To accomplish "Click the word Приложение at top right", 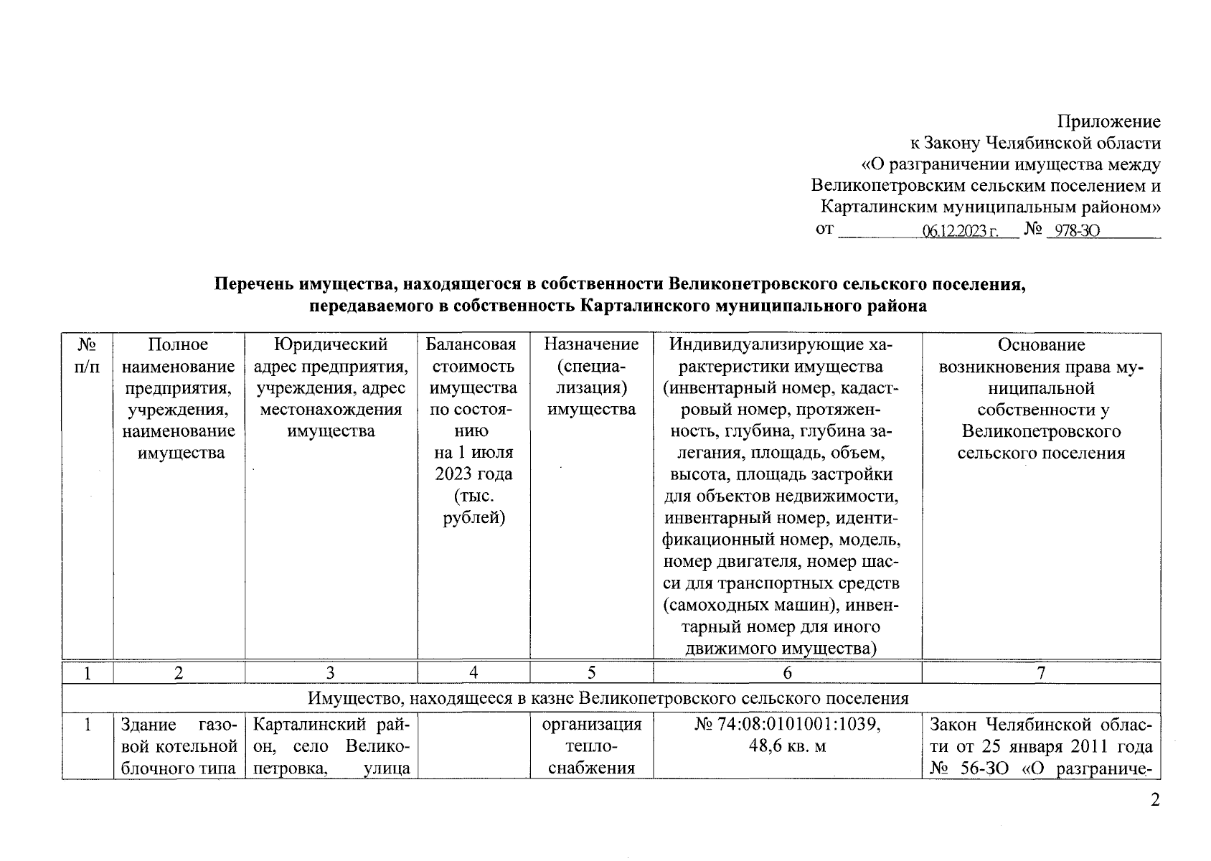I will (1109, 121).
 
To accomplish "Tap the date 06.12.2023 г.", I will (961, 231).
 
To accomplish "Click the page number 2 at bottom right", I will (1154, 801).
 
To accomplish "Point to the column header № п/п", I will (87, 356).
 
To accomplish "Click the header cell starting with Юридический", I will (331, 388).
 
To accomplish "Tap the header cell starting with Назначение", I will (591, 377).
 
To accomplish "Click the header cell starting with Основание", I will (1041, 399).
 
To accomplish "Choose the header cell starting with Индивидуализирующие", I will (787, 496).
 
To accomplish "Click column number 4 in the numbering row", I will (473, 673).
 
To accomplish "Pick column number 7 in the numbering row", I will (1041, 673).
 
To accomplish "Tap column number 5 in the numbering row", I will (591, 673).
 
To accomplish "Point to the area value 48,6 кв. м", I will (787, 747).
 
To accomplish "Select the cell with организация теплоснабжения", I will (591, 747).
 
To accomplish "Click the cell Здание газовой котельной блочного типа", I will (179, 747).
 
